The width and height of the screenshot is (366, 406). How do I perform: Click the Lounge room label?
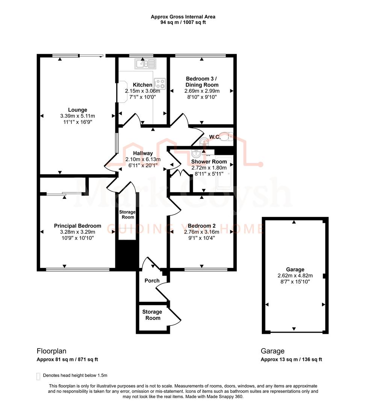[x=78, y=110]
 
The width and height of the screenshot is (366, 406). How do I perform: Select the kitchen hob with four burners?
[x=160, y=83]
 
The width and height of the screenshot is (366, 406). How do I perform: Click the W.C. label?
[x=215, y=137]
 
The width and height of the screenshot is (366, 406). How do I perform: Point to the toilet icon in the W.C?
[x=226, y=137]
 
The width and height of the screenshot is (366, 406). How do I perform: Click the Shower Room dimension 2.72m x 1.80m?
[x=209, y=168]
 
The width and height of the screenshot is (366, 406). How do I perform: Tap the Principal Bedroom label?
[x=77, y=226]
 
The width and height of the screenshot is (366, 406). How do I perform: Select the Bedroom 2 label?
[x=202, y=226]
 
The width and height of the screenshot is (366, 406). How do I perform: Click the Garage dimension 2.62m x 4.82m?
[x=295, y=275]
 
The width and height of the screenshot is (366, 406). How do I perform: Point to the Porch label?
[x=152, y=280]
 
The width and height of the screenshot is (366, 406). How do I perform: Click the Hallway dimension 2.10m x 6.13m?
[x=143, y=159]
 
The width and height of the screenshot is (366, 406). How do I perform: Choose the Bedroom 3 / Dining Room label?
[x=202, y=82]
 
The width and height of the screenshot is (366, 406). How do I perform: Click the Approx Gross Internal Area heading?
[x=183, y=17]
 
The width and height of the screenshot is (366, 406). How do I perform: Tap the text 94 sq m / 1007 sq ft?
[x=183, y=23]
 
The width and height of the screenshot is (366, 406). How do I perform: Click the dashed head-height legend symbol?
[x=38, y=376]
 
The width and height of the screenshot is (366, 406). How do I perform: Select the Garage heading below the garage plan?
[x=273, y=351]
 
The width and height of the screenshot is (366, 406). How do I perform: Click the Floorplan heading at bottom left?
[x=51, y=351]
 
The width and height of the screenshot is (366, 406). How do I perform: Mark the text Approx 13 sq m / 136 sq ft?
[x=291, y=359]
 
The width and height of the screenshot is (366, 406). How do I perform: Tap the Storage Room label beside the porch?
[x=152, y=315]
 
